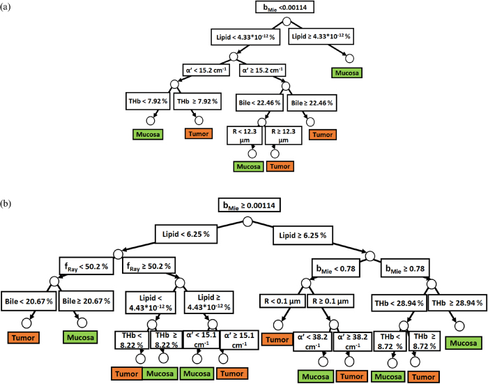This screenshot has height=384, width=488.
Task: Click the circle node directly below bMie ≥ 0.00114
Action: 246,222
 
